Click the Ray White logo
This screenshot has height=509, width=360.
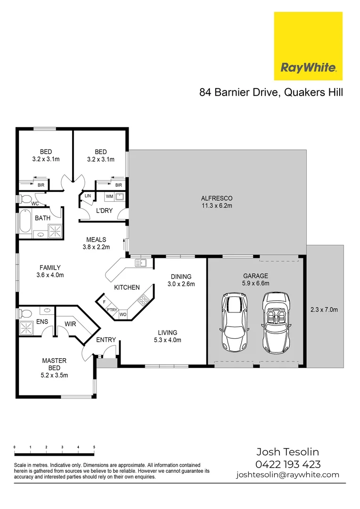click(x=308, y=46)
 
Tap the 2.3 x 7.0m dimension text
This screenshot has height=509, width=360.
click(x=325, y=310)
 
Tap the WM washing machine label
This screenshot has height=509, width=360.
click(x=109, y=196)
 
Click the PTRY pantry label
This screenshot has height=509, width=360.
click(x=112, y=310)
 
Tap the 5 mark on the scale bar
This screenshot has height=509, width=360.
click(x=94, y=447)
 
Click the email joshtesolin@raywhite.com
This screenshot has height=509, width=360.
click(x=287, y=475)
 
